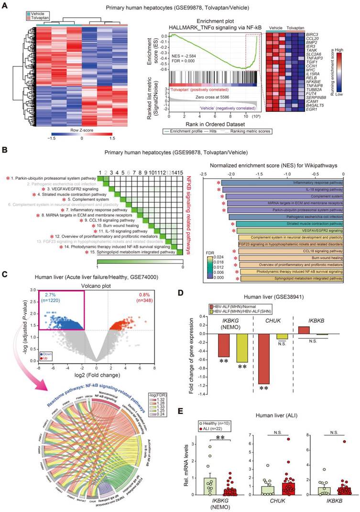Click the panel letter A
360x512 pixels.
coord(5,7)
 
